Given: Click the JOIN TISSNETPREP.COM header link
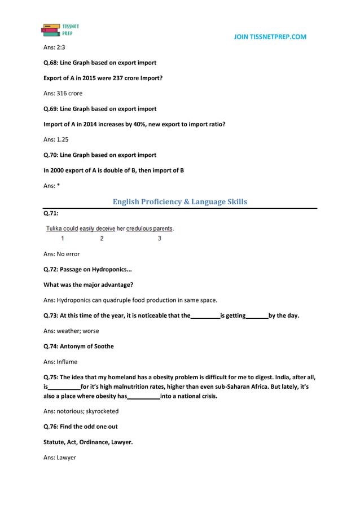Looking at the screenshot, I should pos(270,37).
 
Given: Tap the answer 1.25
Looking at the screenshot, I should pos(56,139).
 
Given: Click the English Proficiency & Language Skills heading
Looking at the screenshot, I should pos(179,201).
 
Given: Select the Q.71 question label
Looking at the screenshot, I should pos(51,214).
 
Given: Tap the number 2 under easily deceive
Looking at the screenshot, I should pos(102,238).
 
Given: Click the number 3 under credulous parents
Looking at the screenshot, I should pos(159,238).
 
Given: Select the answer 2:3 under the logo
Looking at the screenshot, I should pos(54,47).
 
